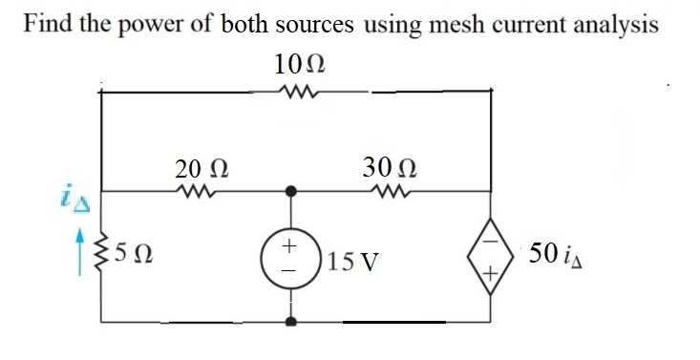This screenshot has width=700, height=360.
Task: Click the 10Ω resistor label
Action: click(x=299, y=67)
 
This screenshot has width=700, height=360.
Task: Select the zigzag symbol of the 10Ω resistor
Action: click(x=299, y=93)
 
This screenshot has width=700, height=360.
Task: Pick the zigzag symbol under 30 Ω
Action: click(x=387, y=191)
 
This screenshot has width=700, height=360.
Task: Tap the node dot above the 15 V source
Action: click(x=290, y=191)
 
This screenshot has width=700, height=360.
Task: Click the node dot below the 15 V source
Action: click(x=290, y=321)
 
